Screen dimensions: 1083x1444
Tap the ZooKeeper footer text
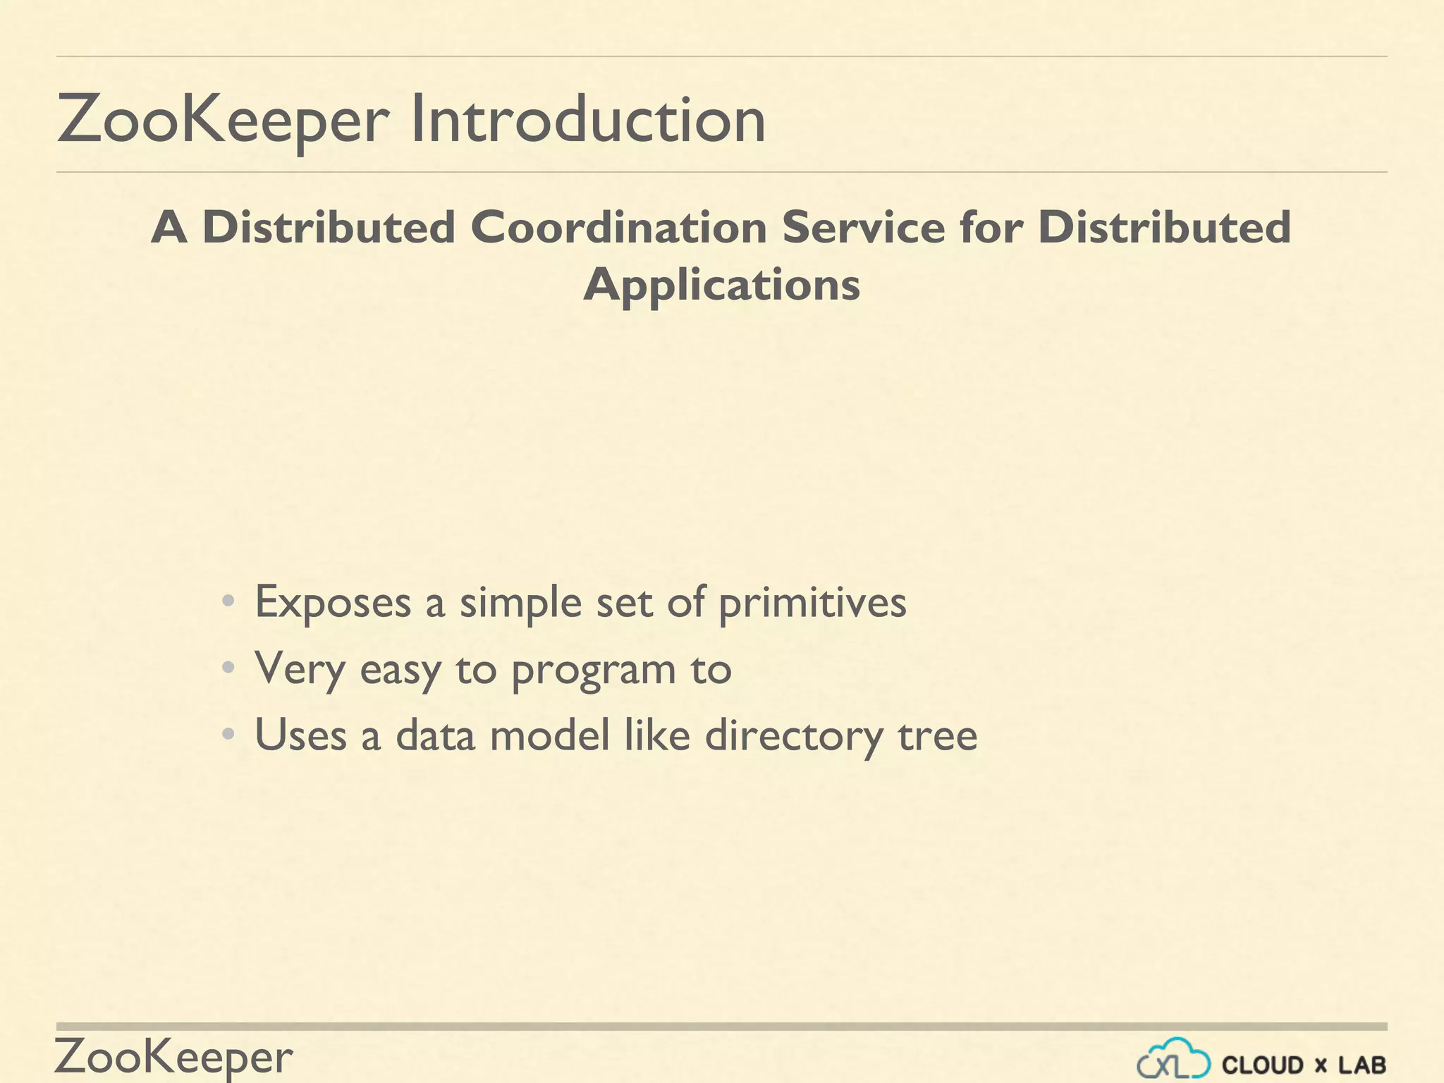173,1057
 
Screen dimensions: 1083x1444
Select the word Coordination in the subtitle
618,228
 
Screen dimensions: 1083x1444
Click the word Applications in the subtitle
721,286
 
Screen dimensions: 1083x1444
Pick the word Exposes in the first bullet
333,602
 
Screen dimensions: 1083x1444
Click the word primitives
812,604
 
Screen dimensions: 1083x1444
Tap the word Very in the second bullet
300,669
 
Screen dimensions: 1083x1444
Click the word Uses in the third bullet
300,735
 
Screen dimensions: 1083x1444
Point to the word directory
793,736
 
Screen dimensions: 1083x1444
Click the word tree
938,735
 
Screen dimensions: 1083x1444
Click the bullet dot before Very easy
227,668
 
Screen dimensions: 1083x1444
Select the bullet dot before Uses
227,735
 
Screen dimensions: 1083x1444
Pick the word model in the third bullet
549,735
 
